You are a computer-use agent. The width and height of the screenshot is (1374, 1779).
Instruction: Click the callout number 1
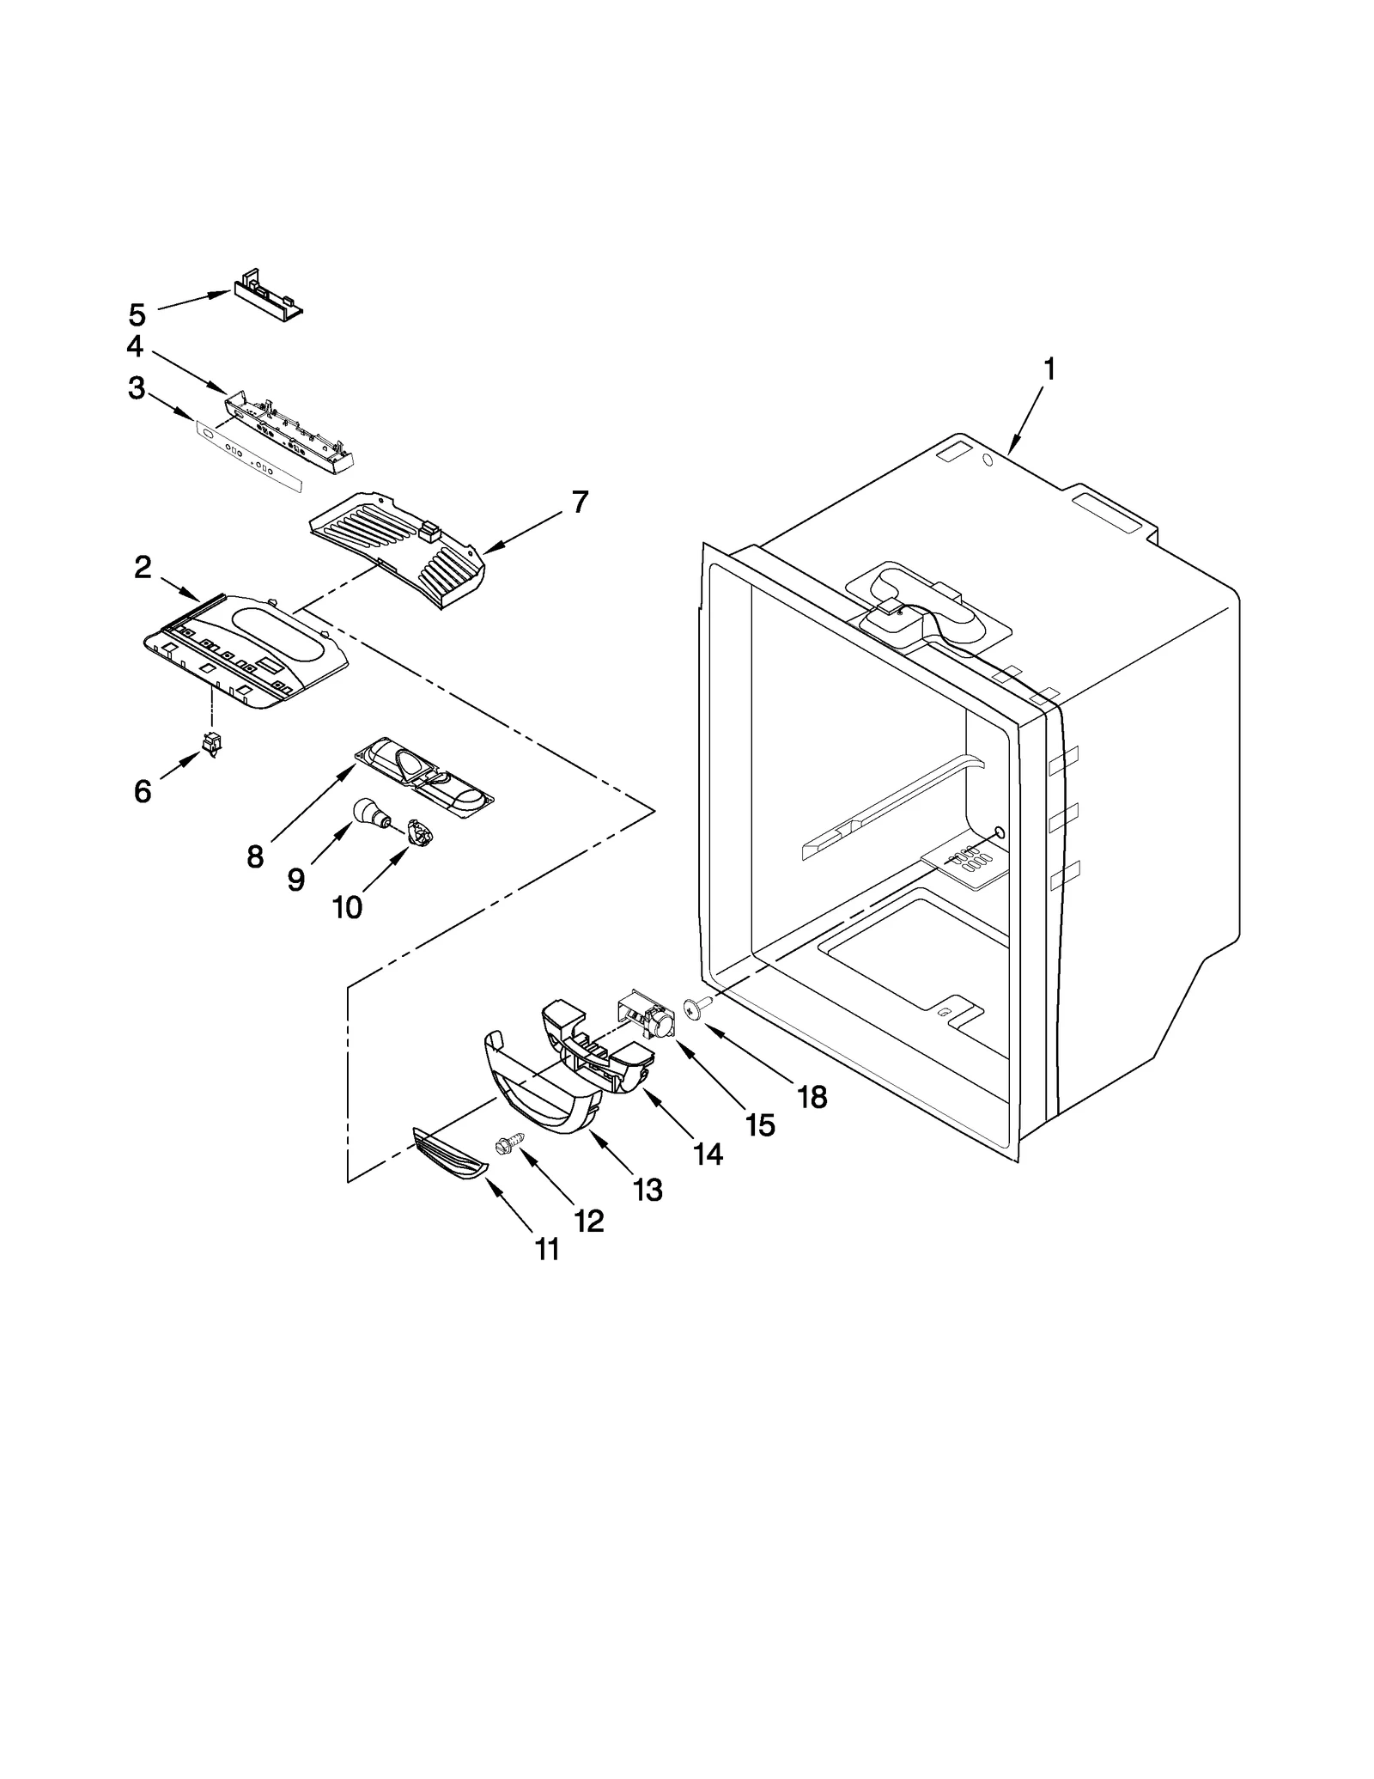[1049, 369]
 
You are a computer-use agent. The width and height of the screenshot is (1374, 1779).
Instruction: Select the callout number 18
[812, 1096]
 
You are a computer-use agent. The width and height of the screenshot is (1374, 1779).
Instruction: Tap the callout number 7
[581, 502]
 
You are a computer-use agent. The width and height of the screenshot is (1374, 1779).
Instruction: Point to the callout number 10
[347, 907]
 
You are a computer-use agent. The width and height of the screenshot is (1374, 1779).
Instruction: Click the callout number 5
[137, 314]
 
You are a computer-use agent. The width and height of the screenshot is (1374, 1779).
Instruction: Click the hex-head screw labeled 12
[503, 1145]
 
